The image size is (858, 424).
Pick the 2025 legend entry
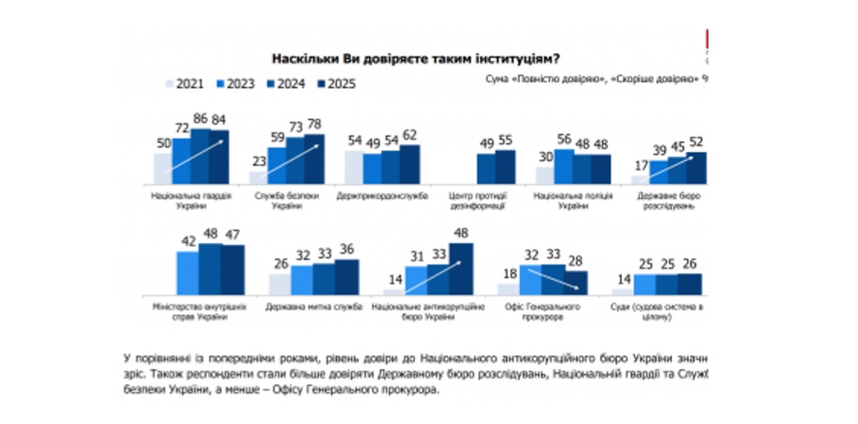click(336, 83)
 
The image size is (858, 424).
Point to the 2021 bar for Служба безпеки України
click(258, 177)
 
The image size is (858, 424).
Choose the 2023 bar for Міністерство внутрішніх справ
click(189, 272)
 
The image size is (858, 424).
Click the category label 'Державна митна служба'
click(314, 307)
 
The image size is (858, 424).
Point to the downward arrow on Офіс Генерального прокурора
click(552, 278)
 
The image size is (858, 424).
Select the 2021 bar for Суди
click(621, 291)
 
